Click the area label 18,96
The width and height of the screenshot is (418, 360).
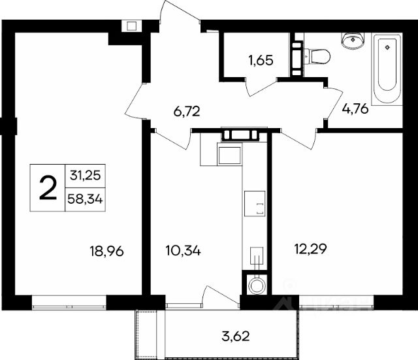point(106,251)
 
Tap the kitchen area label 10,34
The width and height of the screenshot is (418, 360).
point(183,251)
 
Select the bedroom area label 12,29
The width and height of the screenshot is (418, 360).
point(311,249)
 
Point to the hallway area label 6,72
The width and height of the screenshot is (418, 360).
point(187,111)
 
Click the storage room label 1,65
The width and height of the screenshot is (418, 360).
point(261,61)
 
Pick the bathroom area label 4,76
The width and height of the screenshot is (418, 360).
point(355,109)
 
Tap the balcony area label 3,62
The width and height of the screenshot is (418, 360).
point(236,336)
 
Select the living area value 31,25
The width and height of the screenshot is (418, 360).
point(86,176)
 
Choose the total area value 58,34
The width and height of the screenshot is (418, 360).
point(85,199)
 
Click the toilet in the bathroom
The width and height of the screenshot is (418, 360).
point(317,57)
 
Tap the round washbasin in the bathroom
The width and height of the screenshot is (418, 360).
point(353,41)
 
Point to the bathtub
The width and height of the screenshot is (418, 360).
point(387,69)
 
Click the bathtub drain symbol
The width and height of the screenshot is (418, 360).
point(387,48)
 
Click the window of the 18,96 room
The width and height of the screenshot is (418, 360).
point(69,303)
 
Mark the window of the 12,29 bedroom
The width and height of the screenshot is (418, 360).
point(336,303)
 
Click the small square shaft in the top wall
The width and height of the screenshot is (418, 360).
point(132,26)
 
